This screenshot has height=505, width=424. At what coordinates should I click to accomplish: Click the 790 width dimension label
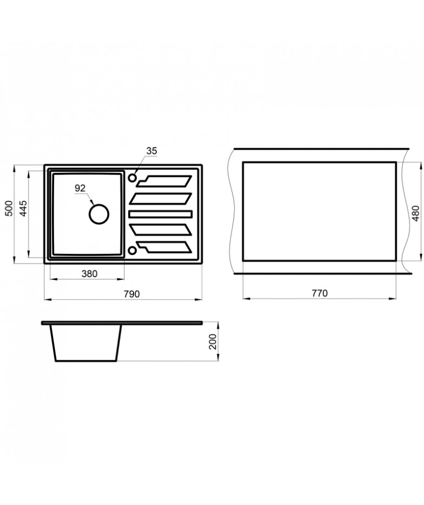[131, 294]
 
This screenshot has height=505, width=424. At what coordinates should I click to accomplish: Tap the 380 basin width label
[89, 274]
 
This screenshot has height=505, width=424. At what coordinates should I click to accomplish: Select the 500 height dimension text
[9, 208]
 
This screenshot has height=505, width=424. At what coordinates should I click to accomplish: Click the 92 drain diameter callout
[80, 188]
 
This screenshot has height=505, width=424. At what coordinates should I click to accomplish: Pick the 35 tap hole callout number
[151, 151]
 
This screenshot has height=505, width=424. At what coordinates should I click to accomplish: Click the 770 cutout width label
[320, 293]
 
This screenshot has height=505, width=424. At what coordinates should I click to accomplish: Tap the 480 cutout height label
[415, 213]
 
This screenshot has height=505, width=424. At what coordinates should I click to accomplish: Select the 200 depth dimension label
[212, 342]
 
